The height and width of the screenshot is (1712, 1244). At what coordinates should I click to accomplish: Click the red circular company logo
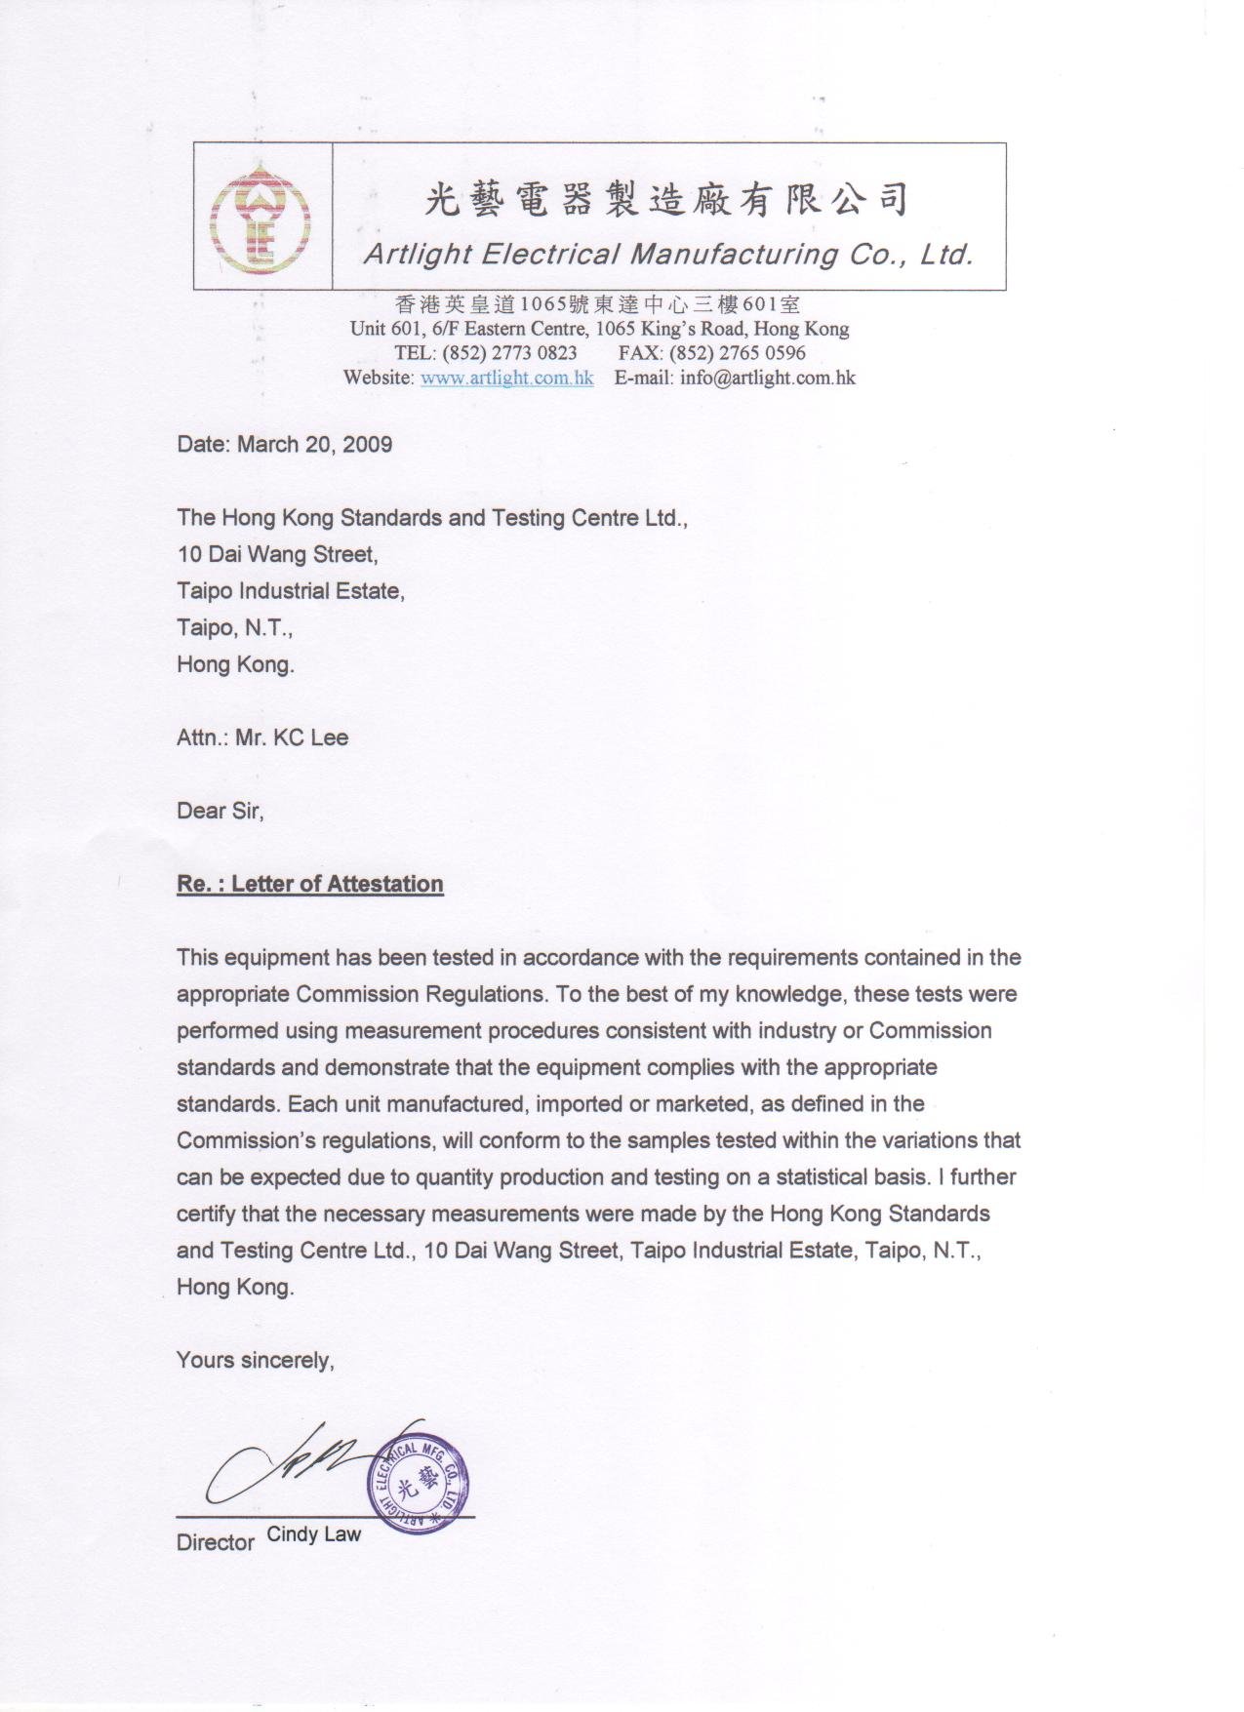pyautogui.click(x=261, y=217)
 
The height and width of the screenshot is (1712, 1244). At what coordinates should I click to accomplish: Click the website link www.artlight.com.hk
pyautogui.click(x=506, y=378)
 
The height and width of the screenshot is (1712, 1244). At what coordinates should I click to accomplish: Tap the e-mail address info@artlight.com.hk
pyautogui.click(x=767, y=378)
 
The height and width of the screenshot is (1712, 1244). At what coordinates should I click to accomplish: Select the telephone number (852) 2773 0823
pyautogui.click(x=509, y=352)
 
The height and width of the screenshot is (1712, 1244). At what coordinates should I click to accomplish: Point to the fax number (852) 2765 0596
pyautogui.click(x=737, y=352)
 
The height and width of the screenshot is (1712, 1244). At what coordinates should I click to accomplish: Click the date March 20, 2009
pyautogui.click(x=314, y=445)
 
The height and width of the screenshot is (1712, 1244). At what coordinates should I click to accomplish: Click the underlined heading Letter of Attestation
pyautogui.click(x=337, y=884)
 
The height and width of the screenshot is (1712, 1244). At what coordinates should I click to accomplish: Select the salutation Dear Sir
pyautogui.click(x=220, y=811)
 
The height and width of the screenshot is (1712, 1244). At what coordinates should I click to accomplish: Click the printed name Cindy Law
pyautogui.click(x=313, y=1533)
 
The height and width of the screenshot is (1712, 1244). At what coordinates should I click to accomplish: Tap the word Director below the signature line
pyautogui.click(x=215, y=1542)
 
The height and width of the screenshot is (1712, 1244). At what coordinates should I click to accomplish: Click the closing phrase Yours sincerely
pyautogui.click(x=255, y=1360)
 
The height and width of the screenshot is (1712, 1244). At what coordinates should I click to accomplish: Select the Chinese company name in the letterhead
pyautogui.click(x=667, y=200)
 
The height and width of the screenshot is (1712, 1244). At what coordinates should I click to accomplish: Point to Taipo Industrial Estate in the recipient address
pyautogui.click(x=290, y=591)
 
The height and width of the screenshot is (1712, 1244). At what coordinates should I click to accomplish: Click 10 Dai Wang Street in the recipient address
pyautogui.click(x=276, y=554)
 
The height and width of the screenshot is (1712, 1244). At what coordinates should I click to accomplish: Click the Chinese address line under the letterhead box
pyautogui.click(x=598, y=304)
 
